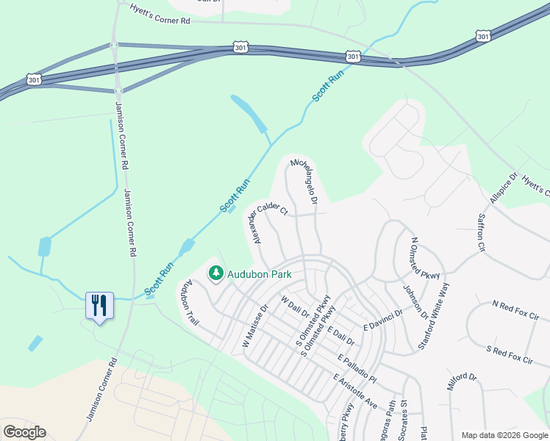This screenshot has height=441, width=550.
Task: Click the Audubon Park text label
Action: pos(260,274)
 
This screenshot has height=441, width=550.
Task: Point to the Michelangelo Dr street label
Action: pos(304,181)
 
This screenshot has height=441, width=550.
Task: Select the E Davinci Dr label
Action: pos(384,319)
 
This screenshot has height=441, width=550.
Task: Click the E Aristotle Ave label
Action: pos(355,391)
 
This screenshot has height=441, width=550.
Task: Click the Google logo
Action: pos(24,432)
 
